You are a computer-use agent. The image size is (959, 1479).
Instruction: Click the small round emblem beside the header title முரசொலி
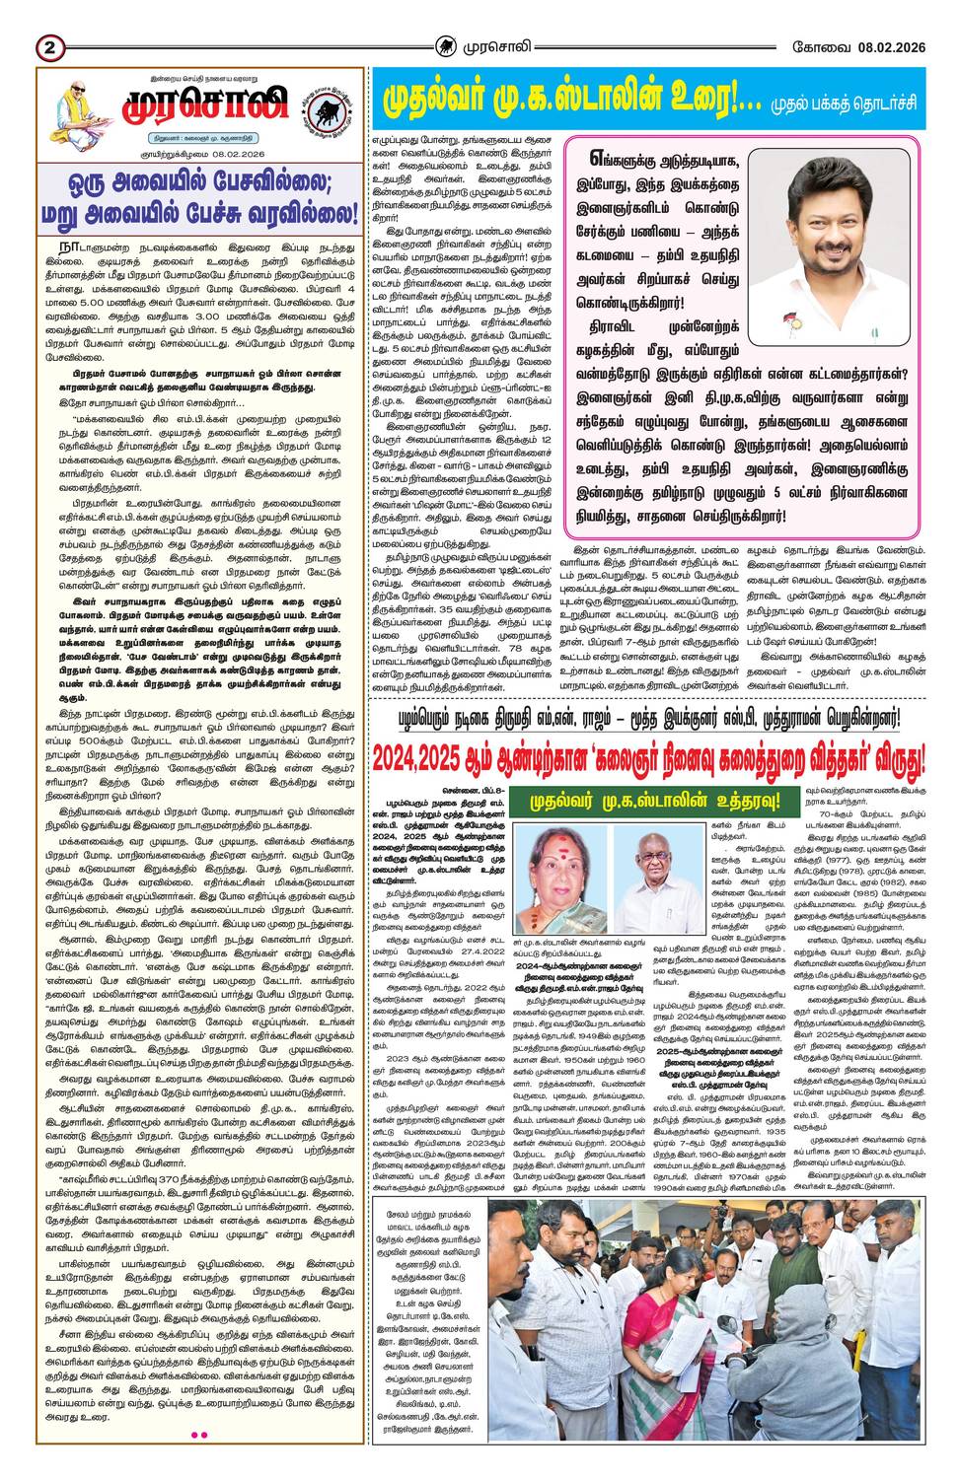[447, 45]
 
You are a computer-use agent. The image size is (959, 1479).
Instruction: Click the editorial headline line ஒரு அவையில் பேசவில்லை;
[200, 184]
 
